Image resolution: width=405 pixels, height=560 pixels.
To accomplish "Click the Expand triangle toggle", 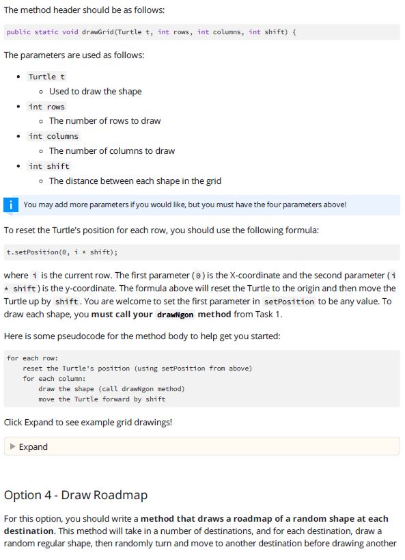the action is tap(12, 447).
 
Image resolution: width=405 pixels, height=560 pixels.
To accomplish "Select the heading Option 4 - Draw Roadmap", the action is tap(75, 494).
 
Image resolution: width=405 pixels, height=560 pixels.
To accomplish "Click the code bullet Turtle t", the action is tap(46, 77).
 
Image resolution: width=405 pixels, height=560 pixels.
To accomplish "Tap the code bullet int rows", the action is tap(46, 107).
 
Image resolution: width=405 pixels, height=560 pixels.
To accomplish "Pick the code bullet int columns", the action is tap(53, 136).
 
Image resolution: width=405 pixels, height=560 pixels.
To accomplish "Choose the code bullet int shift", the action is tap(48, 166).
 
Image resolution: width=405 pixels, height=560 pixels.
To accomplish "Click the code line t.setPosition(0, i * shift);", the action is tap(62, 252).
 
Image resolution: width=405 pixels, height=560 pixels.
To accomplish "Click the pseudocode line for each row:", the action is tap(33, 358).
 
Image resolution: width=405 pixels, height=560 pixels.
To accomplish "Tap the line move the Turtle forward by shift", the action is tap(102, 399).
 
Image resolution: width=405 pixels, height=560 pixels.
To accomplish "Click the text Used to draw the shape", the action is tap(95, 92).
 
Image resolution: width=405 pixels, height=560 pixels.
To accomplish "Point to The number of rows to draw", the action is tap(104, 121).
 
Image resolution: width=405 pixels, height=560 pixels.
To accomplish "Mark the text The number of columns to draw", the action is tap(111, 151).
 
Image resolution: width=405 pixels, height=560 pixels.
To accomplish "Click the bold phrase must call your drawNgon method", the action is tap(154, 315).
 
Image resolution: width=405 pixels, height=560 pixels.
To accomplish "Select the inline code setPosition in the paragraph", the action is tap(289, 302).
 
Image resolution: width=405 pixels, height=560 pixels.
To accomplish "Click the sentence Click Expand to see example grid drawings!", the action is tap(88, 422).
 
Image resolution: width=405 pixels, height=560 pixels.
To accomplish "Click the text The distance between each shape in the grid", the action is tap(135, 181).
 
